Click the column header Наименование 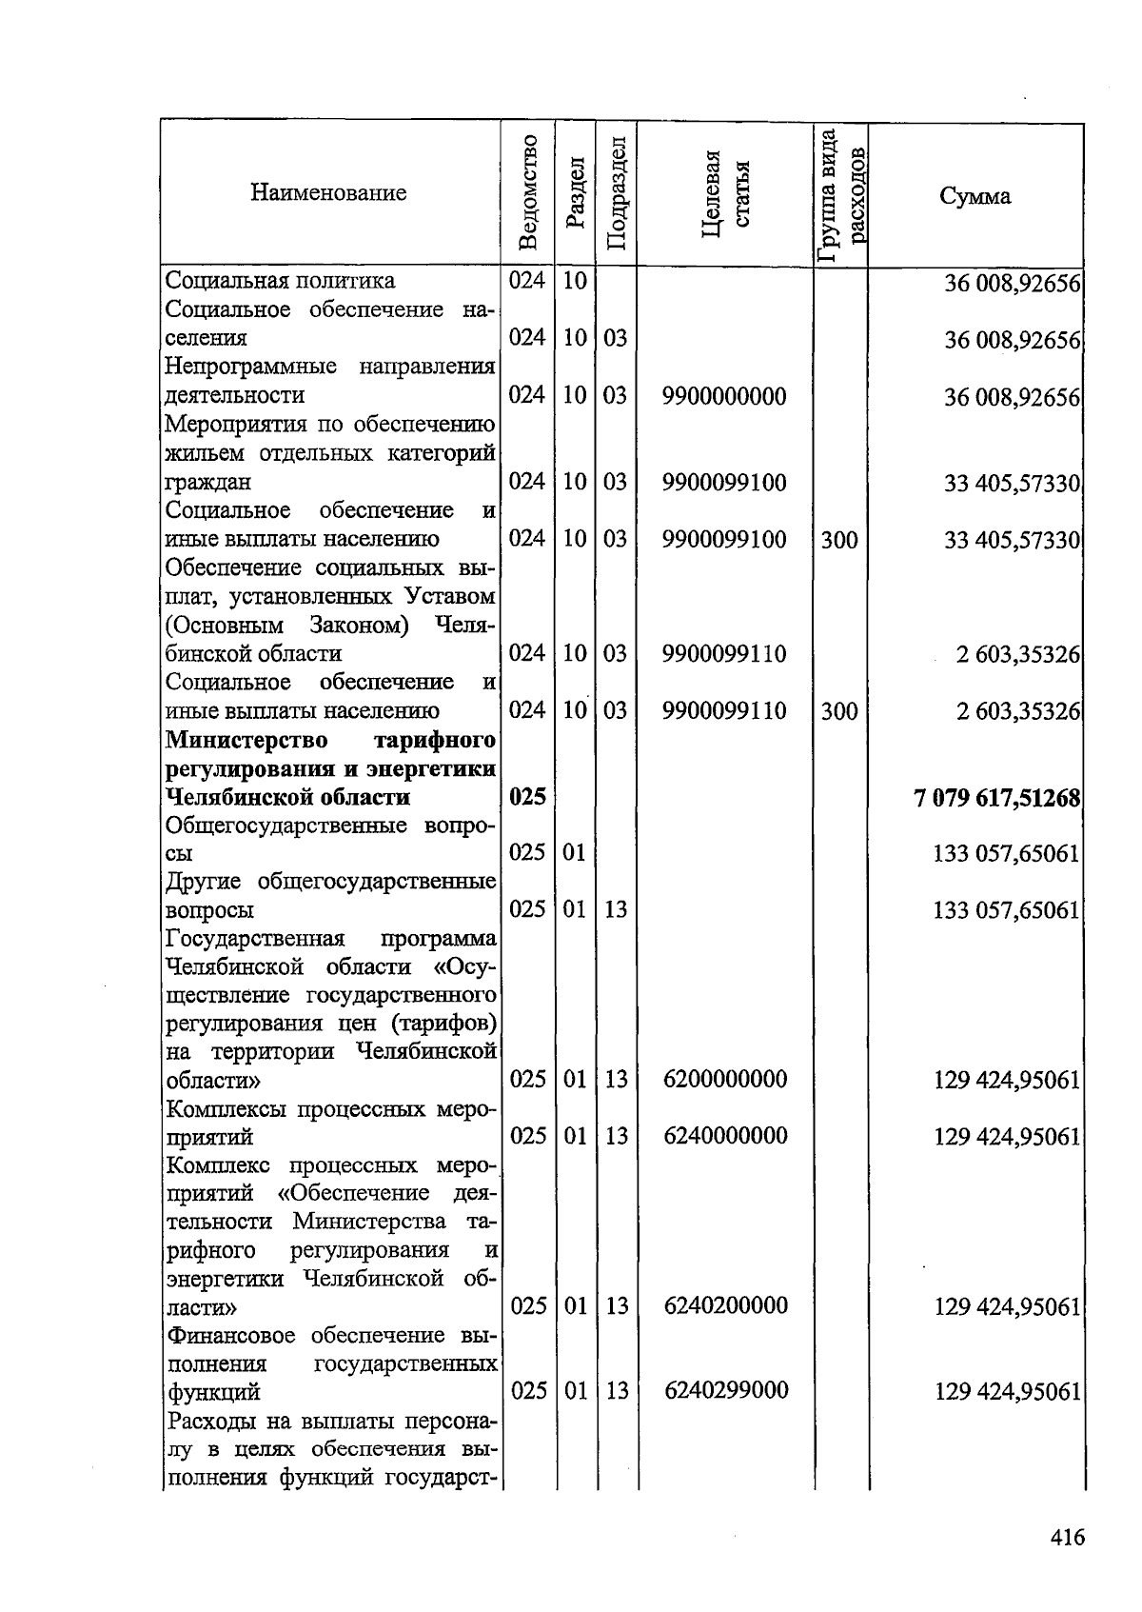tap(328, 193)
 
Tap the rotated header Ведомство tap(529, 193)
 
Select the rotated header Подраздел tap(616, 193)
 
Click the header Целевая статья tap(725, 193)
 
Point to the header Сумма tap(975, 196)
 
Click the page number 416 tap(1068, 1536)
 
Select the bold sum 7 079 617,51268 tap(996, 797)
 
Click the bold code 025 tap(527, 797)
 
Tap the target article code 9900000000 tap(725, 396)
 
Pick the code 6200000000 tap(726, 1079)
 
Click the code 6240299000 tap(726, 1390)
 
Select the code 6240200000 tap(726, 1304)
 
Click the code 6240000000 tap(726, 1135)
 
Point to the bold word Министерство tap(246, 740)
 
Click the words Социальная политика tap(280, 281)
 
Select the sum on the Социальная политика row tap(1012, 283)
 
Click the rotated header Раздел tap(576, 193)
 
